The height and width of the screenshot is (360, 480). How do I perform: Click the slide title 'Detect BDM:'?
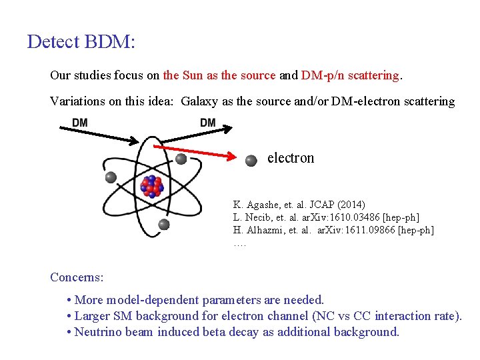click(81, 42)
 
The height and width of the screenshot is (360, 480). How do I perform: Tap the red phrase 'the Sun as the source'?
click(219, 75)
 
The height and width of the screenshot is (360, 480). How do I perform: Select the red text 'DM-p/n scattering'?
click(350, 75)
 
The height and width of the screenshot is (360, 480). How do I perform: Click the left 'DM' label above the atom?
click(80, 123)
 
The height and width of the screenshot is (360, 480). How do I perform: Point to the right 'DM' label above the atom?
click(208, 123)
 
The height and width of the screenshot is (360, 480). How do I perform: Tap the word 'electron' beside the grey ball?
click(291, 158)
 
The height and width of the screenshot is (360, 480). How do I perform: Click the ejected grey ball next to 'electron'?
click(251, 160)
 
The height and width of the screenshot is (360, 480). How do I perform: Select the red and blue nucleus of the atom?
click(153, 186)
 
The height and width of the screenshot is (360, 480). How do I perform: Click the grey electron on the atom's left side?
click(111, 177)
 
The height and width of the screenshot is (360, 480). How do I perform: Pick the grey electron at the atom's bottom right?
click(164, 224)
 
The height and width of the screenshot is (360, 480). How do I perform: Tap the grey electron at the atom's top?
click(181, 159)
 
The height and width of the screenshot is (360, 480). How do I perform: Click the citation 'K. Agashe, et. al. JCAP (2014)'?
click(299, 204)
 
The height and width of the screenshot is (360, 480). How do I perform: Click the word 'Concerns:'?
click(77, 277)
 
